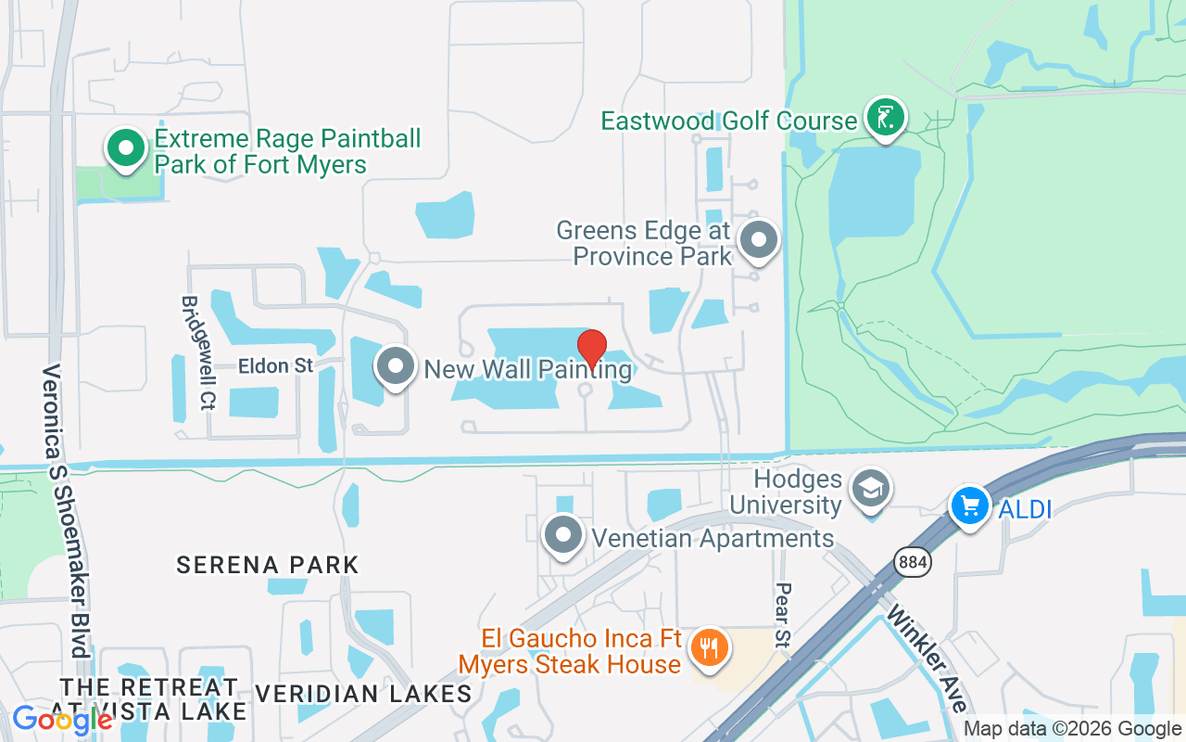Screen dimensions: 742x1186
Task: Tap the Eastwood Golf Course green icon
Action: pyautogui.click(x=886, y=118)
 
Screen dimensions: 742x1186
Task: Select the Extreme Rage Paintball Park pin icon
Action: pyautogui.click(x=125, y=148)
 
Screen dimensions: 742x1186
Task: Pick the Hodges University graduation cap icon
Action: pyautogui.click(x=871, y=489)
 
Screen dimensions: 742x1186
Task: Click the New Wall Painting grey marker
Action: pyautogui.click(x=397, y=366)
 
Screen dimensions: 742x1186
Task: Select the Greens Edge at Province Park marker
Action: pyautogui.click(x=759, y=240)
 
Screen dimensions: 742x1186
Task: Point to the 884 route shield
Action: pyautogui.click(x=913, y=562)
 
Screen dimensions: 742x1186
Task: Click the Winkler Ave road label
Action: pyautogui.click(x=923, y=659)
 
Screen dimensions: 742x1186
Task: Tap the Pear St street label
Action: pyautogui.click(x=782, y=614)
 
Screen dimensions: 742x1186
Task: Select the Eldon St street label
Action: pyautogui.click(x=276, y=366)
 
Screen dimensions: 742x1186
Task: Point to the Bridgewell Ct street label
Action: pyautogui.click(x=193, y=352)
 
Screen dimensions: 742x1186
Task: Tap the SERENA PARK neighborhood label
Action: pyautogui.click(x=267, y=564)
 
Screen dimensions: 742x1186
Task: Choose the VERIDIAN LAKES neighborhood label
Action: pyautogui.click(x=362, y=693)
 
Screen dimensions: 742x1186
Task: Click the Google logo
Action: pyautogui.click(x=61, y=719)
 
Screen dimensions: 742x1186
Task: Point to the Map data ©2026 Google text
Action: pyautogui.click(x=1072, y=729)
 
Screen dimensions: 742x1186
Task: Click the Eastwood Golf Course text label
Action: pyautogui.click(x=728, y=121)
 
